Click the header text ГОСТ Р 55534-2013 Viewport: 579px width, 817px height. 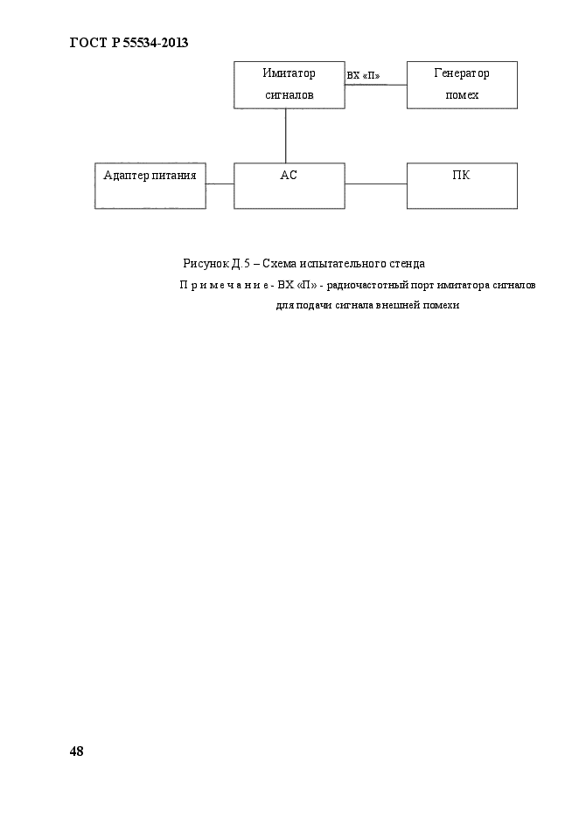tap(129, 42)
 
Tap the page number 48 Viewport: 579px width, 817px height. tap(76, 751)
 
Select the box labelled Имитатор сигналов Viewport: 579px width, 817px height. tap(289, 85)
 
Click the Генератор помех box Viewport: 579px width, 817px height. tap(462, 85)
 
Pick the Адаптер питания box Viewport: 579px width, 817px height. tap(150, 185)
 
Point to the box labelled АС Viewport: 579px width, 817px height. tap(289, 185)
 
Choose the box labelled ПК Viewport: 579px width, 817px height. tap(462, 185)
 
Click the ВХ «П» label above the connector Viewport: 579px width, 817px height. tap(363, 76)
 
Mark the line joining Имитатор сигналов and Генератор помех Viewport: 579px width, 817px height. tap(376, 85)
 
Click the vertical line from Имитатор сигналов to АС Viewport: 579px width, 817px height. tap(286, 135)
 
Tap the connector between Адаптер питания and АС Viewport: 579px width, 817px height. tap(220, 183)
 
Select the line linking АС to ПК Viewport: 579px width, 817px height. tap(376, 183)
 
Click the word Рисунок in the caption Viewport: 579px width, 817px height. tap(205, 263)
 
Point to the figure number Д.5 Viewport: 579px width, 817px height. tap(241, 263)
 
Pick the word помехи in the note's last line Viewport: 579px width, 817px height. tap(441, 305)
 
